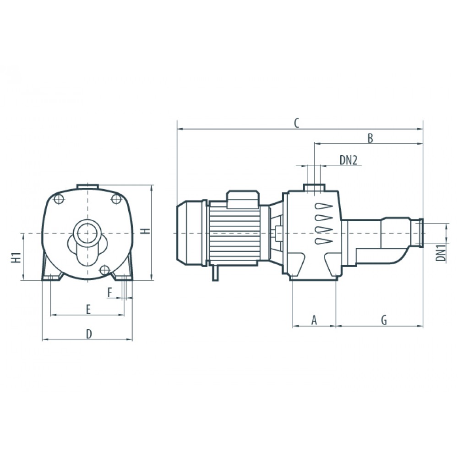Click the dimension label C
coord(296,123)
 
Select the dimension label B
coord(370,138)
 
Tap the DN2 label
coord(349,160)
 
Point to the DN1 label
coord(441,253)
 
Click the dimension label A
coord(314,320)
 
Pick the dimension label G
coord(384,320)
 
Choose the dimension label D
coord(89,334)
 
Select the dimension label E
coord(88,309)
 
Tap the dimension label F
coord(110,292)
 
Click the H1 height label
coord(16,257)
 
